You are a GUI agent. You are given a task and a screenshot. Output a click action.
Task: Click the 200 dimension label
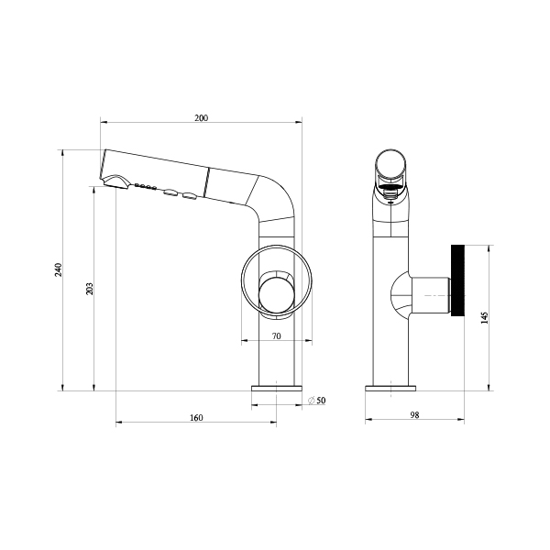[x=202, y=118]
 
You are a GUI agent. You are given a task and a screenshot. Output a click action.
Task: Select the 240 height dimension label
[x=59, y=269]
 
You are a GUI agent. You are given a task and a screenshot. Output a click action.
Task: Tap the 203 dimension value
[x=90, y=289]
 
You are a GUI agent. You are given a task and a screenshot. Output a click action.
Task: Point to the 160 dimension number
[x=196, y=418]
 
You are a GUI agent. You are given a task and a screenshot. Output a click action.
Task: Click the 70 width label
[x=277, y=336]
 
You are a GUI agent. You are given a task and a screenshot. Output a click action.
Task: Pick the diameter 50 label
[x=317, y=401]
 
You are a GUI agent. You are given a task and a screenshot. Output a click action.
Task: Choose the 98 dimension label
[x=414, y=415]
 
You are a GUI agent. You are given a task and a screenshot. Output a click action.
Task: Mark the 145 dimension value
[x=485, y=317]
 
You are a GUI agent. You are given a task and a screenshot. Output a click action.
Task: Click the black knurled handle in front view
[x=457, y=280]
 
